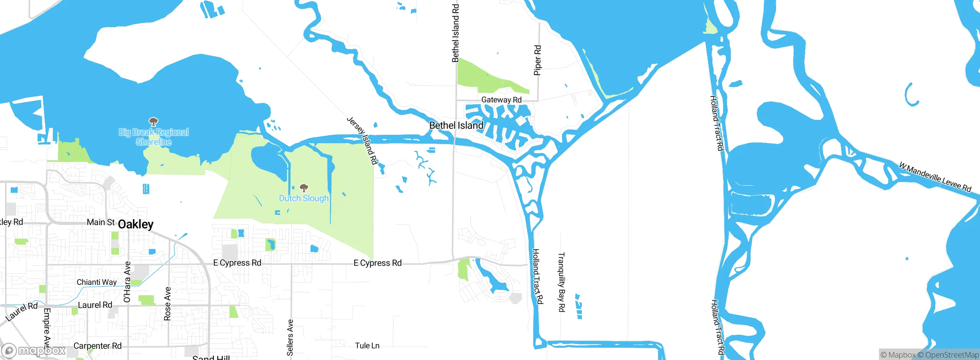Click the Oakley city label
(136, 224)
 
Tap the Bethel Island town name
(456, 125)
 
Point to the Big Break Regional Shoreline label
(154, 137)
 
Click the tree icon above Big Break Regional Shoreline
(154, 122)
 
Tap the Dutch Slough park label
(304, 198)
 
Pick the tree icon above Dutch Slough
(304, 188)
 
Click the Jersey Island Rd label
(362, 141)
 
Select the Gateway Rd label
(501, 100)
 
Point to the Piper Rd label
(538, 60)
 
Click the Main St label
(101, 222)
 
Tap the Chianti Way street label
(96, 282)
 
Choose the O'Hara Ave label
(127, 282)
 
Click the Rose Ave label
(167, 304)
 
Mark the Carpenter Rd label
(97, 346)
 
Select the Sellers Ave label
(290, 337)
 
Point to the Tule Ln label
(367, 346)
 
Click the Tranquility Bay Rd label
(562, 282)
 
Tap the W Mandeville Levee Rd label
(935, 177)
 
